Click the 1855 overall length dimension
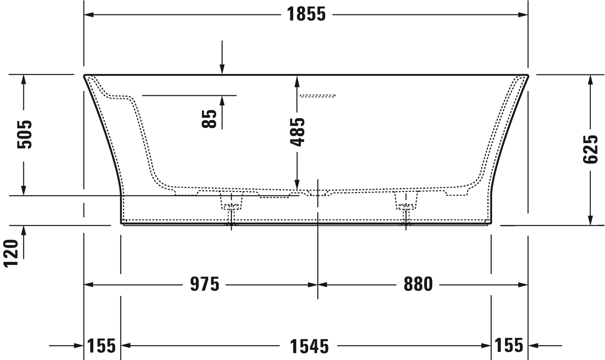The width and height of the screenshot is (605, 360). [x=306, y=14]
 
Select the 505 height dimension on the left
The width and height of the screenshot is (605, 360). [x=24, y=135]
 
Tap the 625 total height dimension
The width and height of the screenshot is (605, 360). [x=590, y=149]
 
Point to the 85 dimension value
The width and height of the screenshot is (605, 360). [x=209, y=118]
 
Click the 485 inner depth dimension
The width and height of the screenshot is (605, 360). [x=297, y=132]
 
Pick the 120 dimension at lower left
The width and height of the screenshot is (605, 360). [x=11, y=254]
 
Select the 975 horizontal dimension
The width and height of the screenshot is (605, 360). [x=204, y=284]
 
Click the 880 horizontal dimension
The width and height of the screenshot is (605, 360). [x=418, y=284]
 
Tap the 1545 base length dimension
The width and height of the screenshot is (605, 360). [x=309, y=347]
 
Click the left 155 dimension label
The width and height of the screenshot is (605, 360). [x=101, y=346]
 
